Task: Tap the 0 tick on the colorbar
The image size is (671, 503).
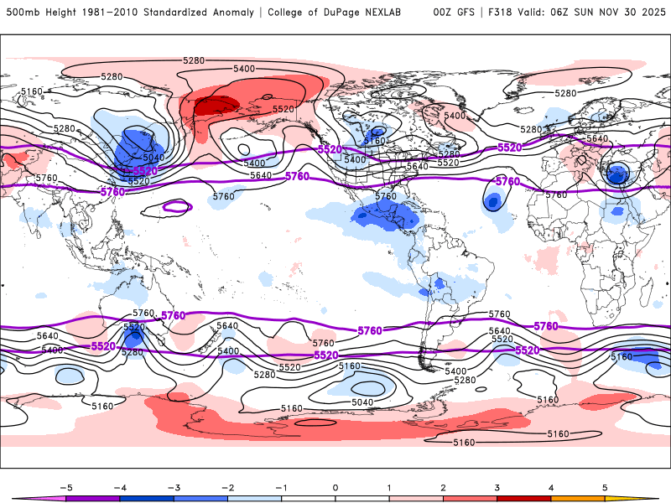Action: (335, 487)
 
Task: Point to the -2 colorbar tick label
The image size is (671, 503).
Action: (226, 487)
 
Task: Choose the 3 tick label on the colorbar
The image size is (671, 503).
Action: (497, 487)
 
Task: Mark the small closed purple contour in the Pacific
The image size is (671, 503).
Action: (177, 205)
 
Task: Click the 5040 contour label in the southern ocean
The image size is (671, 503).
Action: (362, 402)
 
